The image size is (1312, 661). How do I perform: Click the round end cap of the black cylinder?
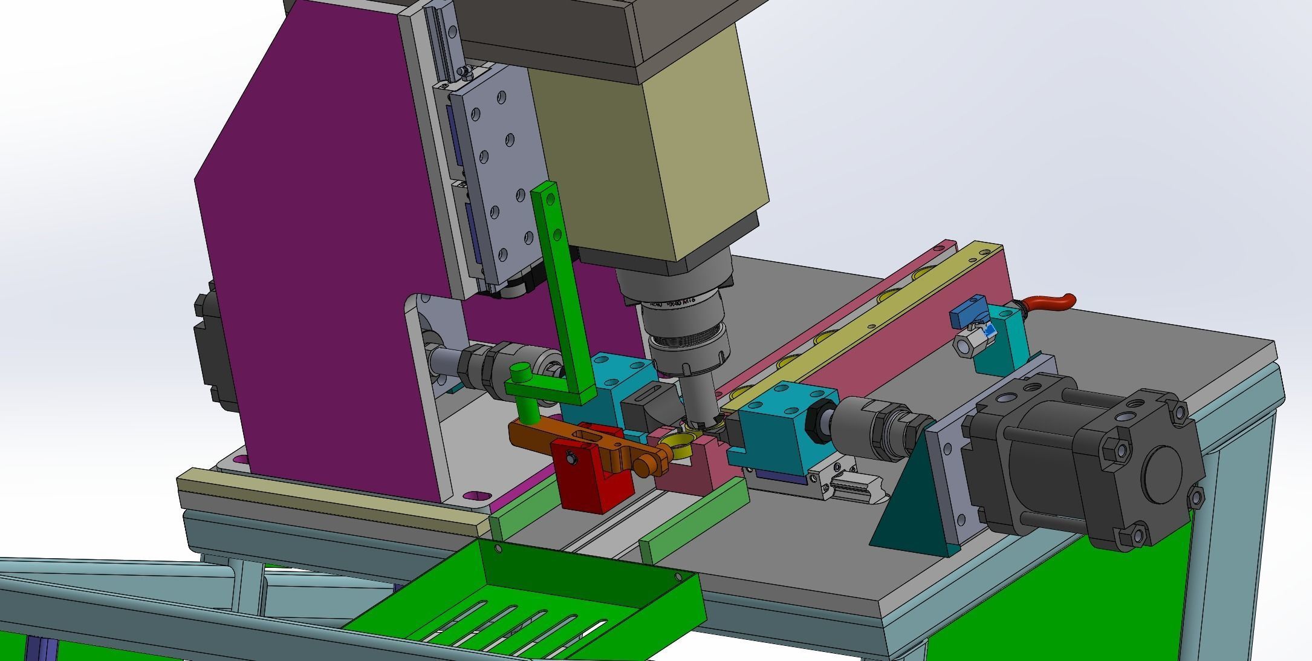point(1163,467)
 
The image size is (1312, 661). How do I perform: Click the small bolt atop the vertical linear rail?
point(464,71)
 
